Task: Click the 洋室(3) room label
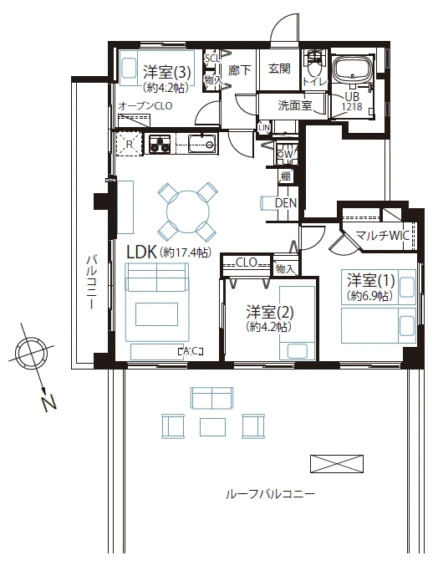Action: tap(167, 71)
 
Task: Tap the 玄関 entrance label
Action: tap(279, 71)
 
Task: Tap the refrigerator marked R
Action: tap(129, 143)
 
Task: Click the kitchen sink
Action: tap(202, 143)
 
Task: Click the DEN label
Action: tap(285, 203)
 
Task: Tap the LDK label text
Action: tap(140, 251)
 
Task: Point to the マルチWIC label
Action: tap(381, 236)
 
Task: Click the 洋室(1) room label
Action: tap(370, 280)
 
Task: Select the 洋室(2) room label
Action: tap(269, 311)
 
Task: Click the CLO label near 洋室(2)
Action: tap(246, 263)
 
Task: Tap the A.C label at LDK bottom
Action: tap(190, 351)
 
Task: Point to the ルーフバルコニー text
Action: tap(270, 494)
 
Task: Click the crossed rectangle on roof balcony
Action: tap(338, 463)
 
